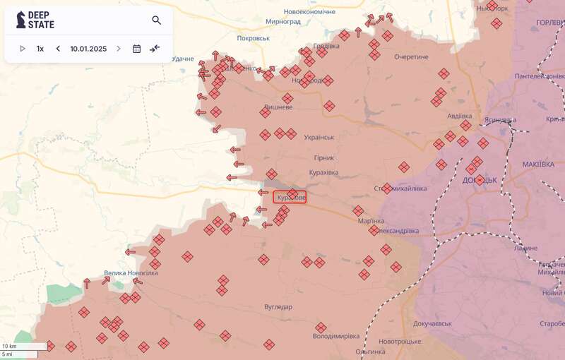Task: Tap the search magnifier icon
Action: coord(157,20)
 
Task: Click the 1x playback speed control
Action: coord(40,49)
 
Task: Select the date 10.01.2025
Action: coord(88,49)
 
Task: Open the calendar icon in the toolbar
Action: coord(136,49)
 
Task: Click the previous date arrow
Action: coord(58,49)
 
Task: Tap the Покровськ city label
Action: coord(254,38)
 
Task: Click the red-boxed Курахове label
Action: coord(290,198)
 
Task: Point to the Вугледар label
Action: coord(278,307)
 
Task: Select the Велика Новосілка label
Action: coord(131,273)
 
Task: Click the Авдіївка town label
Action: coord(465,116)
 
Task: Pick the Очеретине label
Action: coord(412,56)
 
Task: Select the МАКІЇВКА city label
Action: coord(538,164)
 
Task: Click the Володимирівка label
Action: coord(335,336)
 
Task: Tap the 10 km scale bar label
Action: coord(9,346)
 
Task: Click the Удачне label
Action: coord(182,59)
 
